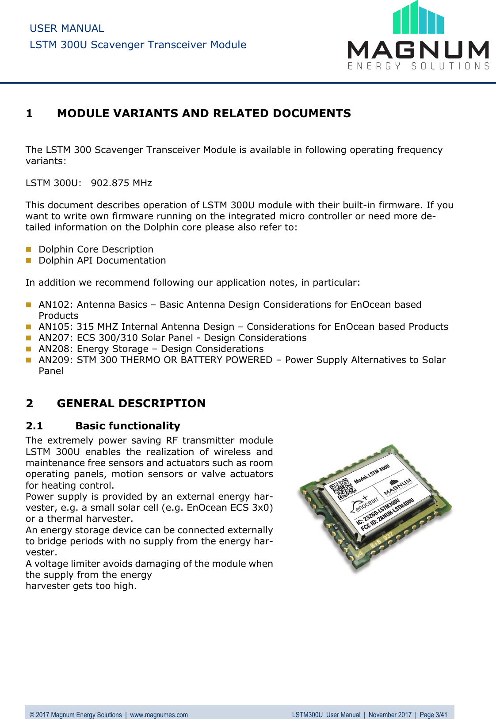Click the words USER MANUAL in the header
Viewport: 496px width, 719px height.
point(67,28)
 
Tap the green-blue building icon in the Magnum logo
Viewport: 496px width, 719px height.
point(418,19)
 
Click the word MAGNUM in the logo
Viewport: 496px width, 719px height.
point(418,50)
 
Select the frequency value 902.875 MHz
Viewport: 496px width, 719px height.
point(121,183)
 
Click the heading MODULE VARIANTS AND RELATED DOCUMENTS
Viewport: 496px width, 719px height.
point(204,114)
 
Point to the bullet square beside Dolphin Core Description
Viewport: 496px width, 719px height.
point(29,249)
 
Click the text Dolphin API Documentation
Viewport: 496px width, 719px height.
point(102,260)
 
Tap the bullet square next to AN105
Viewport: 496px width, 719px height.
point(29,327)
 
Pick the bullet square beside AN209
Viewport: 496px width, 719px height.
point(29,360)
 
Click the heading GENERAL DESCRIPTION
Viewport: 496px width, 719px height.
point(131,403)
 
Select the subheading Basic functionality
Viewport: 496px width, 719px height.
point(128,426)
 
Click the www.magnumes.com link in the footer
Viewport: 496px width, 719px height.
point(159,715)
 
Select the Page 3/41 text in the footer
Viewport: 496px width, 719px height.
point(433,715)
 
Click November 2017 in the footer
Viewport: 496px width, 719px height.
point(390,715)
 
